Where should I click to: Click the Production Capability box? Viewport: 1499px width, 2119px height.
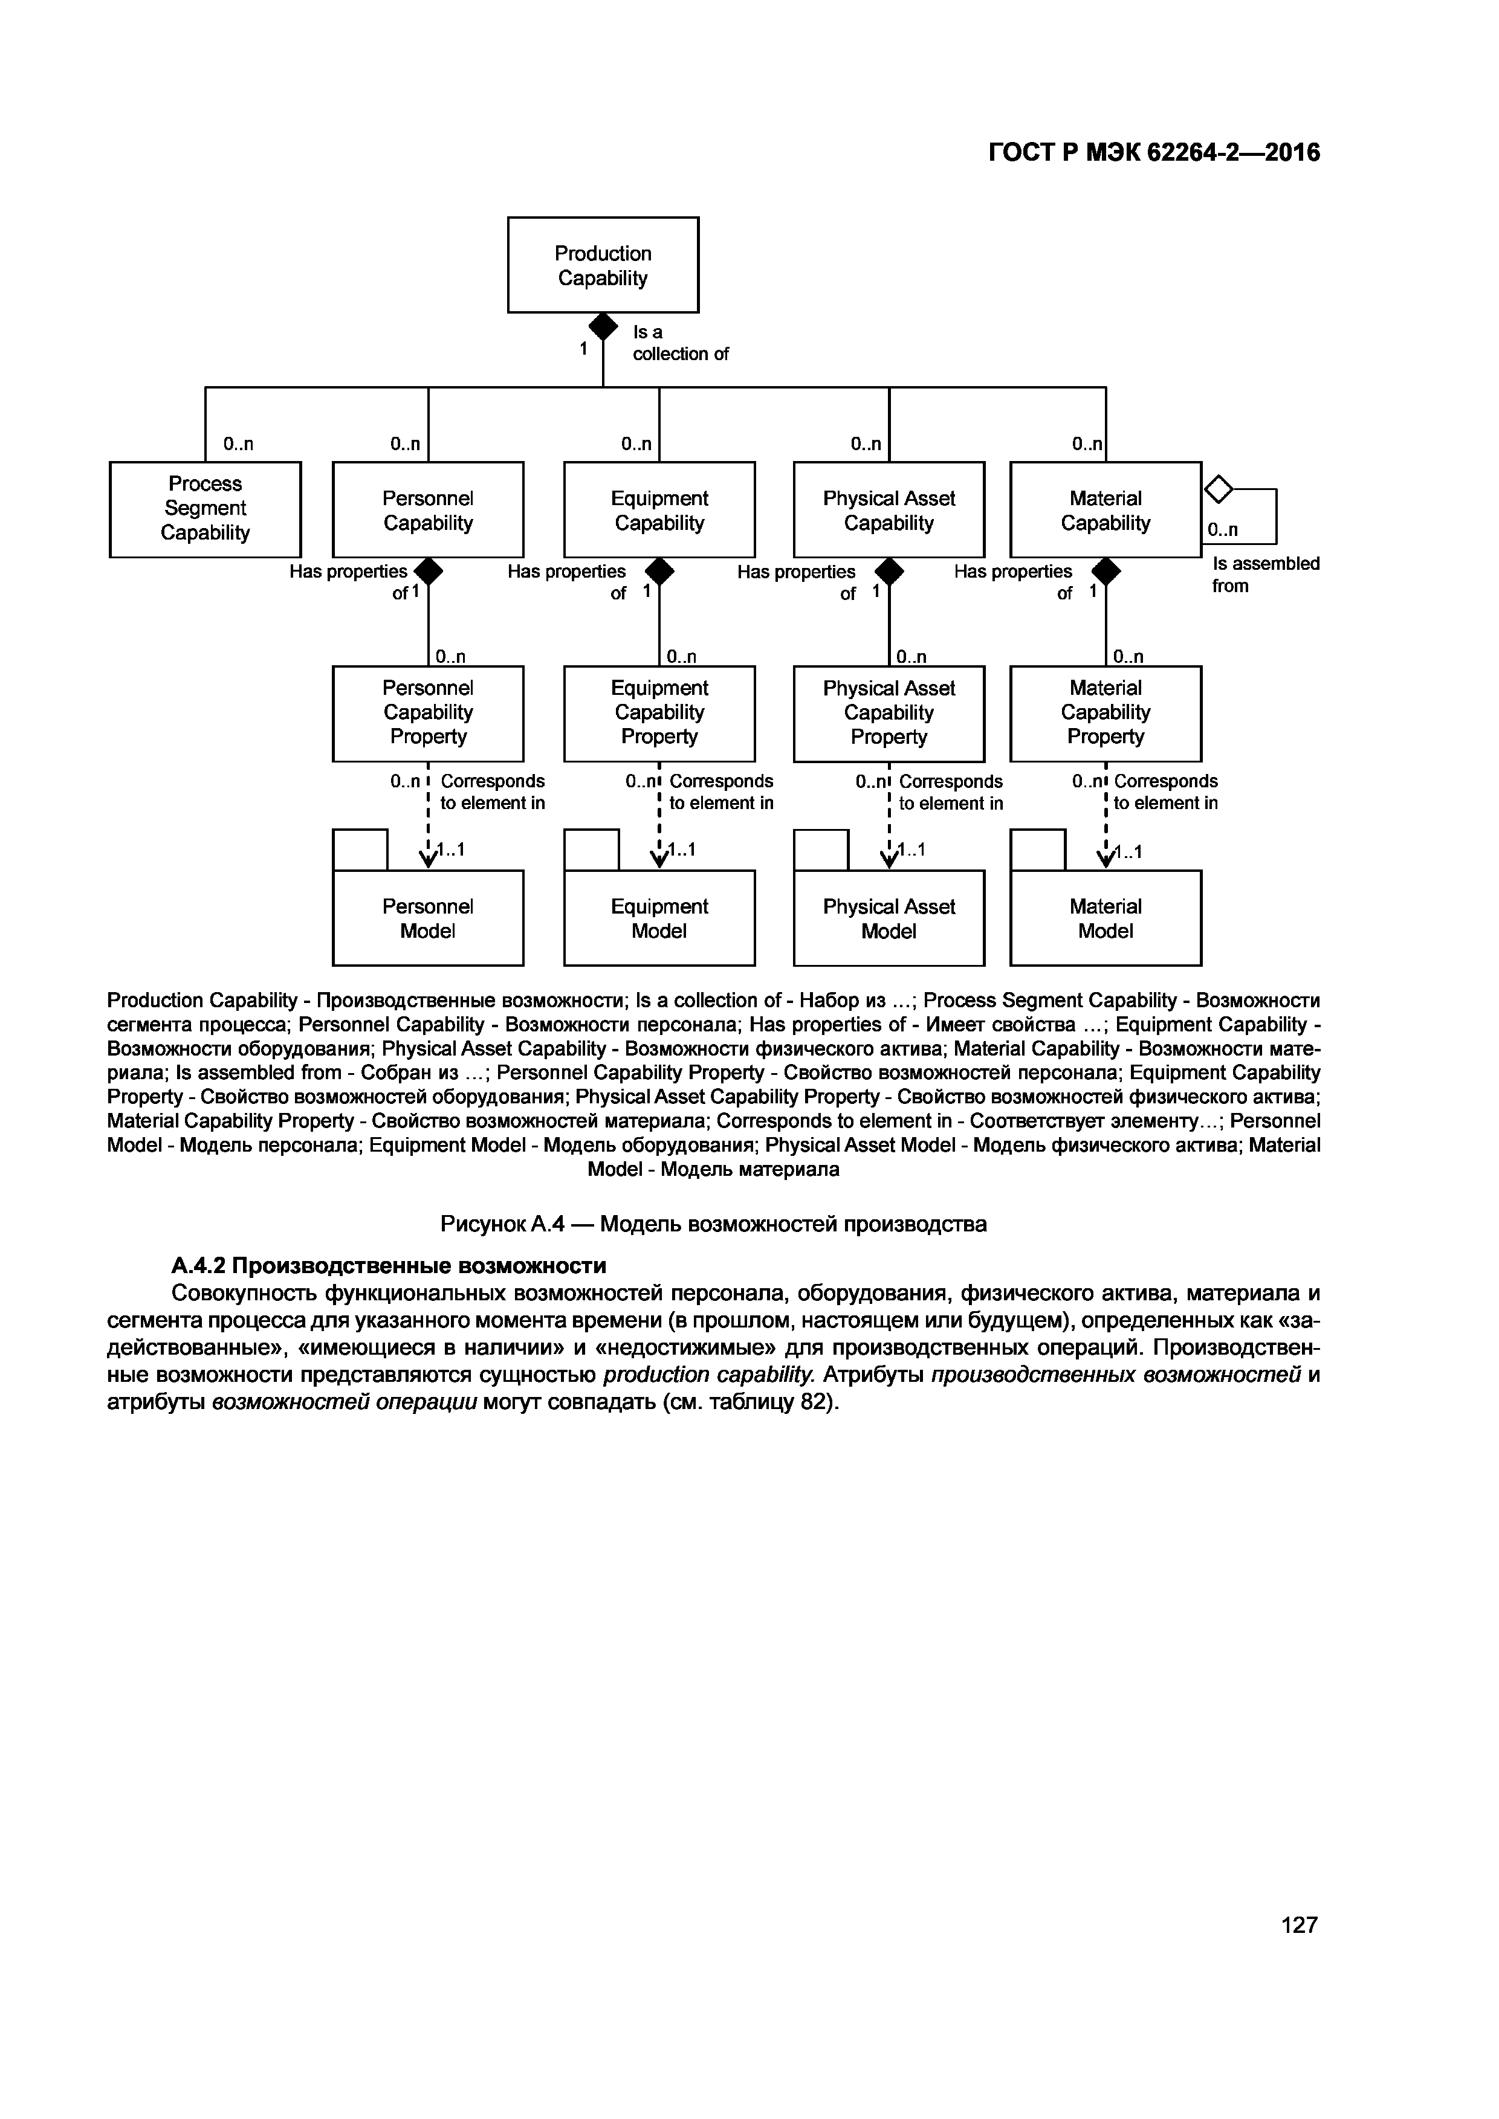603,265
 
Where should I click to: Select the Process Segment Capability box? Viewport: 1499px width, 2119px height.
205,509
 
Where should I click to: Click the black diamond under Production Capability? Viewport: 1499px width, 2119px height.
603,326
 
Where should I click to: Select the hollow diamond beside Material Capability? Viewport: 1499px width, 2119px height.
1219,489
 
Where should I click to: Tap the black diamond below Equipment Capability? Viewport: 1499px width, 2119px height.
659,571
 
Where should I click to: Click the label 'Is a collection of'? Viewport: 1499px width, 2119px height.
679,343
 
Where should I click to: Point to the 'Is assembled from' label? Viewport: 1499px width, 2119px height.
1264,574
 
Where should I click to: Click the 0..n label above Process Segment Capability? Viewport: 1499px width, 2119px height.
238,444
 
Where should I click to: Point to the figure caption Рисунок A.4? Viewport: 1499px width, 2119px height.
713,1224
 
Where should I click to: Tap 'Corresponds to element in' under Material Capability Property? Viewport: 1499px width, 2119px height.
1165,792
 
